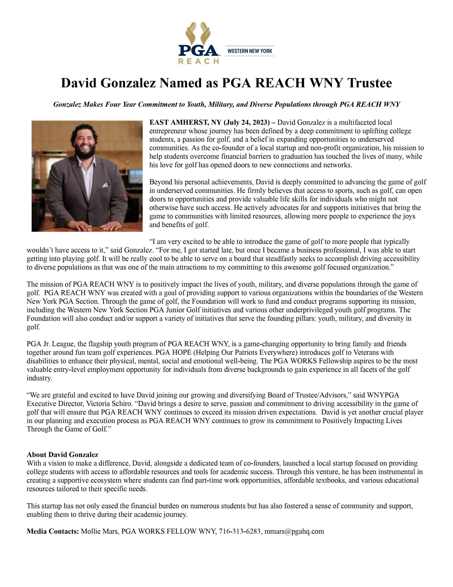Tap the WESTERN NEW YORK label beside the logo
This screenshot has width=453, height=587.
(250, 51)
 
